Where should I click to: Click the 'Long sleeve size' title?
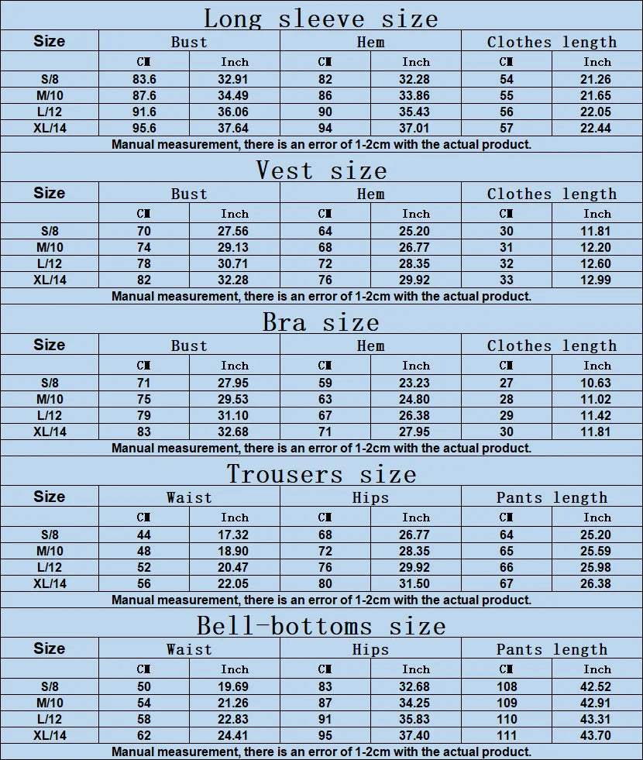tap(321, 17)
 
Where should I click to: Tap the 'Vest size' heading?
tap(321, 169)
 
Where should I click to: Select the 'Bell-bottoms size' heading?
tap(321, 625)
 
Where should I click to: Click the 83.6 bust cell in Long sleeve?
tap(144, 79)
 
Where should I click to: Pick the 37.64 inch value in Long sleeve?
tap(235, 128)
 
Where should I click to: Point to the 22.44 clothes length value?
tap(597, 128)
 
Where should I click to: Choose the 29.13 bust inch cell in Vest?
tap(235, 247)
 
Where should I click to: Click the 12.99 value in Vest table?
tap(597, 280)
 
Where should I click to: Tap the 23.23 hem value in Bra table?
tap(415, 383)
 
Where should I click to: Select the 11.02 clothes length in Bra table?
tap(597, 399)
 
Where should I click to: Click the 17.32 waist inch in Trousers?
tap(235, 535)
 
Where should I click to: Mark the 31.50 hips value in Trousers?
tap(415, 583)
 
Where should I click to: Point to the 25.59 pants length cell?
tap(597, 551)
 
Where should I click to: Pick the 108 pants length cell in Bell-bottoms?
tap(506, 686)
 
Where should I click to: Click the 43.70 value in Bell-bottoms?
tap(597, 735)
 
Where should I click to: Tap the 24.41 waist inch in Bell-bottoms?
tap(235, 735)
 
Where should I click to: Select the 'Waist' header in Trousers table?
tap(189, 497)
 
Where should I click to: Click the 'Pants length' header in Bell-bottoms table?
tap(552, 649)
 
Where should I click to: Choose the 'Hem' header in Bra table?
tap(370, 346)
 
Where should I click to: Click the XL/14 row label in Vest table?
tap(50, 280)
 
